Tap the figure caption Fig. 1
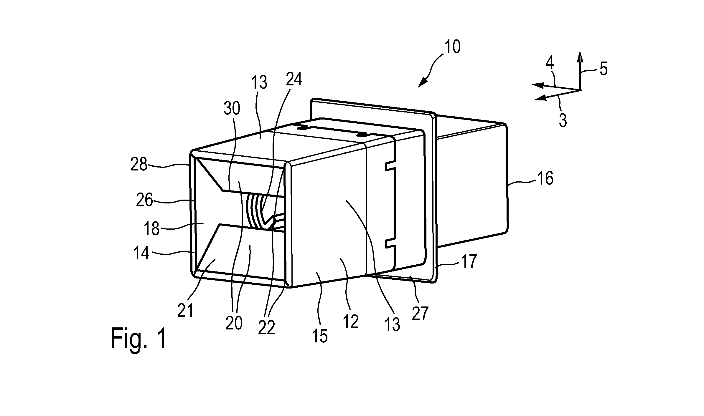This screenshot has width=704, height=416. [x=139, y=339]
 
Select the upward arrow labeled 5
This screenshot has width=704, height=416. [x=580, y=70]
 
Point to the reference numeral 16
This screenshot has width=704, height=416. [x=545, y=179]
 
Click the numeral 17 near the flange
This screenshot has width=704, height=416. [x=469, y=261]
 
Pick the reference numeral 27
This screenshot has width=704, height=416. [x=420, y=314]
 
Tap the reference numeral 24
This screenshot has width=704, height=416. [x=294, y=79]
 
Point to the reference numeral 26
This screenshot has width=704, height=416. [x=144, y=201]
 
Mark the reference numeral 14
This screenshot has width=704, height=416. [x=141, y=253]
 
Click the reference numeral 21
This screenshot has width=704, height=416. [x=185, y=310]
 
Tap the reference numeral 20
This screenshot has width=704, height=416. [x=234, y=323]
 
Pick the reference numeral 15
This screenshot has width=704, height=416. [x=320, y=336]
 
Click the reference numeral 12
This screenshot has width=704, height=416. [x=350, y=321]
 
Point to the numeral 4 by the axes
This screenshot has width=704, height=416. [x=550, y=62]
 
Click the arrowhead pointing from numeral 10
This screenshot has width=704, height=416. [x=422, y=83]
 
